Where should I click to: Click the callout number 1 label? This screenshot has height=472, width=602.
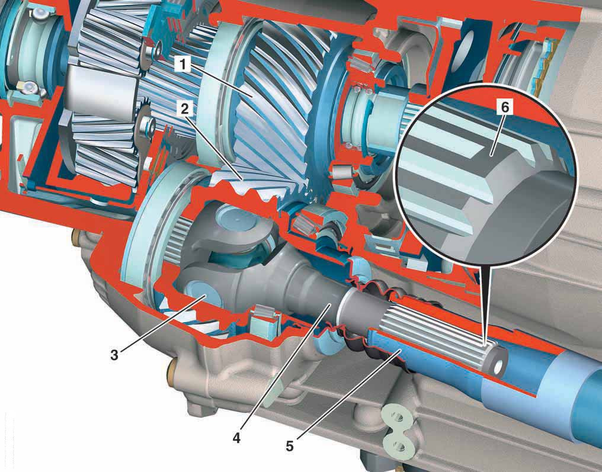182,65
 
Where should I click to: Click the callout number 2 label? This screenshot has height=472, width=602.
185,110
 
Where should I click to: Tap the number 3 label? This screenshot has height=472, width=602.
114,355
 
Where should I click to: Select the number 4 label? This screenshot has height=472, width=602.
236,438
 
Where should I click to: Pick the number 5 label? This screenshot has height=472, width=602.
290,446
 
